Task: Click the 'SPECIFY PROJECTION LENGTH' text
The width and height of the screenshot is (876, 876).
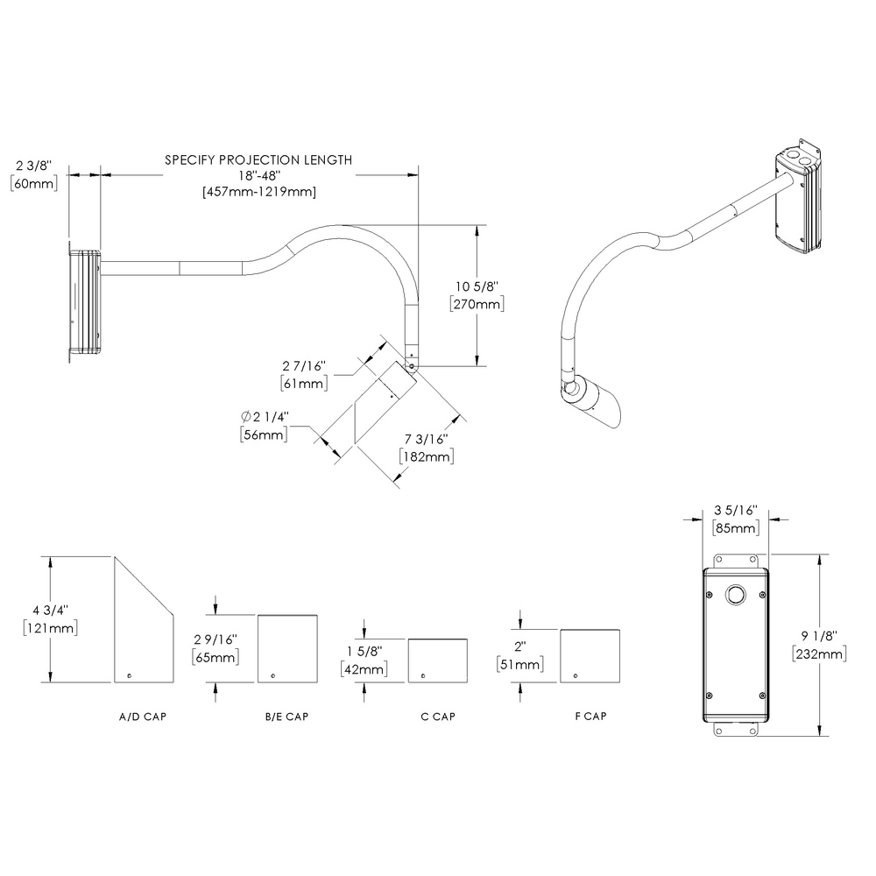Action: click(x=258, y=159)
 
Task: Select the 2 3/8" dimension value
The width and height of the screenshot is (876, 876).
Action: click(x=34, y=165)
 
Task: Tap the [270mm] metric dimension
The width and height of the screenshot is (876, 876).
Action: click(x=475, y=304)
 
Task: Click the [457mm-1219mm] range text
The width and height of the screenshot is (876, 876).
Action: click(x=258, y=191)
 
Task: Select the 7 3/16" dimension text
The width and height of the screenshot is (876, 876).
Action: click(x=425, y=439)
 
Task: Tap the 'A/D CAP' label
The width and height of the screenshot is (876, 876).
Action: click(x=142, y=717)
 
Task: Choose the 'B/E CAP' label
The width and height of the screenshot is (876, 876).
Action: click(x=286, y=717)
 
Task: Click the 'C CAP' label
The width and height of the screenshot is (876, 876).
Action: click(x=437, y=717)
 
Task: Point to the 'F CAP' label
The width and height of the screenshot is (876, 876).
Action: click(x=590, y=717)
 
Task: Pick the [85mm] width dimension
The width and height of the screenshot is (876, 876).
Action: click(x=736, y=528)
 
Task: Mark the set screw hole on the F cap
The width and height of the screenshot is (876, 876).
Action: click(x=576, y=675)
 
